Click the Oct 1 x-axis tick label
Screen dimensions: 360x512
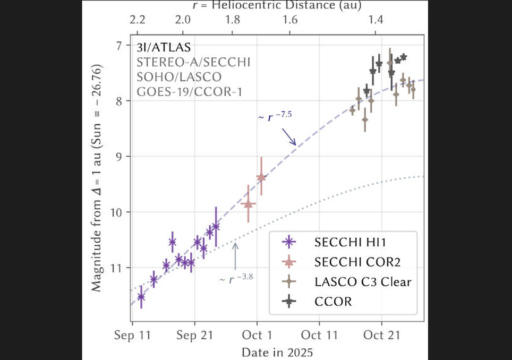(x=258, y=336)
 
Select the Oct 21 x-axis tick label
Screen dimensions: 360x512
(x=382, y=336)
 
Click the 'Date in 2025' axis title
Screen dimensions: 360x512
(x=277, y=352)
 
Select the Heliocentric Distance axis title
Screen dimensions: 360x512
(x=276, y=6)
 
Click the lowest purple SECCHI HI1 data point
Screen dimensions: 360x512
(x=141, y=296)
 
